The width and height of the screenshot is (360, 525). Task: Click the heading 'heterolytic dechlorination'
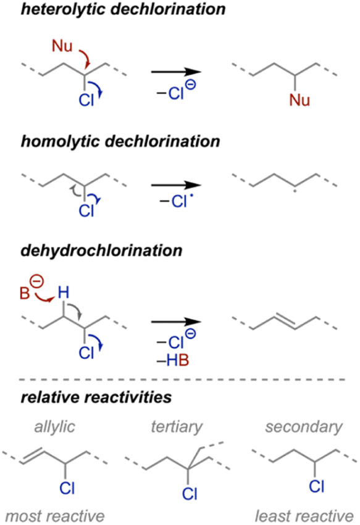pyautogui.click(x=123, y=9)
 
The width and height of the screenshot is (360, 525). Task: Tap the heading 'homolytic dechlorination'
pyautogui.click(x=120, y=141)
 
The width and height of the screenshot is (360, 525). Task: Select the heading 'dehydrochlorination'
pyautogui.click(x=101, y=250)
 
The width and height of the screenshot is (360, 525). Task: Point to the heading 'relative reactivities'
pyautogui.click(x=96, y=397)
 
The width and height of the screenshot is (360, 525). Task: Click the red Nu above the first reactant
pyautogui.click(x=62, y=46)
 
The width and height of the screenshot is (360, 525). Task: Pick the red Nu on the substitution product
pyautogui.click(x=299, y=100)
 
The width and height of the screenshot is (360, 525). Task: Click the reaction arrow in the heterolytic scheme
pyautogui.click(x=177, y=72)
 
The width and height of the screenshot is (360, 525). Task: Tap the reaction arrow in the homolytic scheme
pyautogui.click(x=177, y=185)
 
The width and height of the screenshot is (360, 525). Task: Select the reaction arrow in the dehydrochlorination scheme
pyautogui.click(x=177, y=322)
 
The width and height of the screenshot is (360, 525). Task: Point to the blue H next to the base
pyautogui.click(x=64, y=292)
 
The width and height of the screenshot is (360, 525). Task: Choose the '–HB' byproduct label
pyautogui.click(x=173, y=360)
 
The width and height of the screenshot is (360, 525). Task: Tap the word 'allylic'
pyautogui.click(x=54, y=427)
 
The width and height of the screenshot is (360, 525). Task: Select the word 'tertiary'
pyautogui.click(x=177, y=427)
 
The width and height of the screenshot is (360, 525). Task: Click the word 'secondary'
pyautogui.click(x=304, y=427)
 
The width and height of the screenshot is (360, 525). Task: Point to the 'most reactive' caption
pyautogui.click(x=55, y=516)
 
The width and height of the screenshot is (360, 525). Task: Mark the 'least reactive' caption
pyautogui.click(x=304, y=516)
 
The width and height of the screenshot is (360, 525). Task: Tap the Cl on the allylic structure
pyautogui.click(x=67, y=488)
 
